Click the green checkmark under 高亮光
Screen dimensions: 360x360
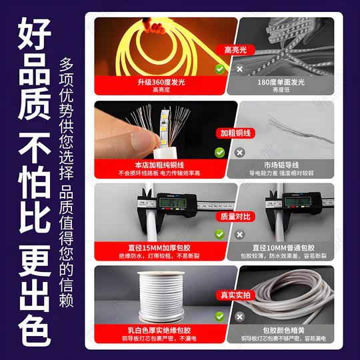pos(220,68)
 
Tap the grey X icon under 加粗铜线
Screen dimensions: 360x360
pos(239,152)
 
